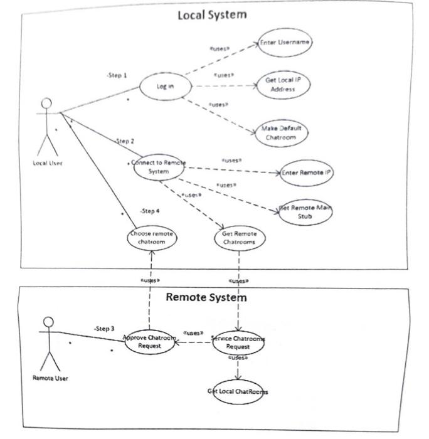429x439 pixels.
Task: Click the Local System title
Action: [211, 14]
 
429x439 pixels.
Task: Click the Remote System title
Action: [206, 297]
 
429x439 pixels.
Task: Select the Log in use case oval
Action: [165, 87]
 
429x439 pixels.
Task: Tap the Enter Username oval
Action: [285, 41]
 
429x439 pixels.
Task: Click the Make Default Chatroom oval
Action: [282, 132]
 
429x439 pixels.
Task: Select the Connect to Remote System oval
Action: [158, 167]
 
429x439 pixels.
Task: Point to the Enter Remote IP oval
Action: [306, 172]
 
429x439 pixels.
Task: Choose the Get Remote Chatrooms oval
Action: [239, 238]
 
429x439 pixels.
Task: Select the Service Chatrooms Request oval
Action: [238, 342]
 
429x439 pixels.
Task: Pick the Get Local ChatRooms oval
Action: [238, 391]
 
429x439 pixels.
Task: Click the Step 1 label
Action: [117, 75]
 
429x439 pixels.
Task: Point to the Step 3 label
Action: [104, 328]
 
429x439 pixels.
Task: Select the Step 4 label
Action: [150, 211]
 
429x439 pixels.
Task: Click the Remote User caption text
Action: [50, 378]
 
